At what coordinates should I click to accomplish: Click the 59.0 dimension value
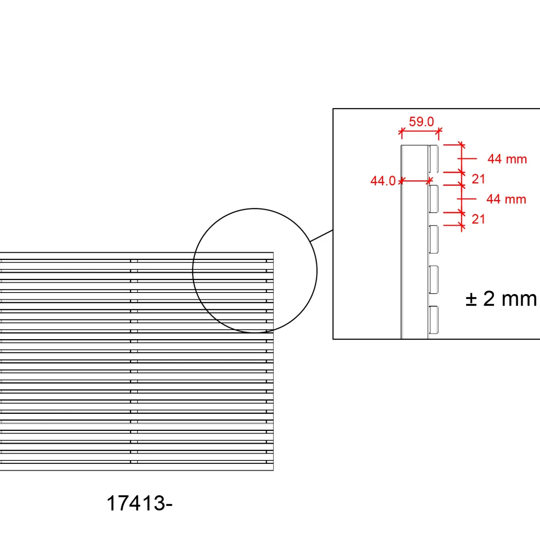coord(421,122)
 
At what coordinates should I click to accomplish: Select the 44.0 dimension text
coord(383,181)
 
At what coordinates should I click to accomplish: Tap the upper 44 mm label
coord(507,159)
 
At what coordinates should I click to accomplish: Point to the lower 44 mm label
coord(506,199)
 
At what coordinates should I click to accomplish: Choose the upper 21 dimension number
coord(478,179)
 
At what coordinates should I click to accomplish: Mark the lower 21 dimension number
coord(478,219)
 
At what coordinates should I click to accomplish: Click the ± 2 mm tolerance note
coord(501,299)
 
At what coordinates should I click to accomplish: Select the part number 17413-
coord(139,503)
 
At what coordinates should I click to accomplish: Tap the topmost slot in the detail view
coord(433,159)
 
